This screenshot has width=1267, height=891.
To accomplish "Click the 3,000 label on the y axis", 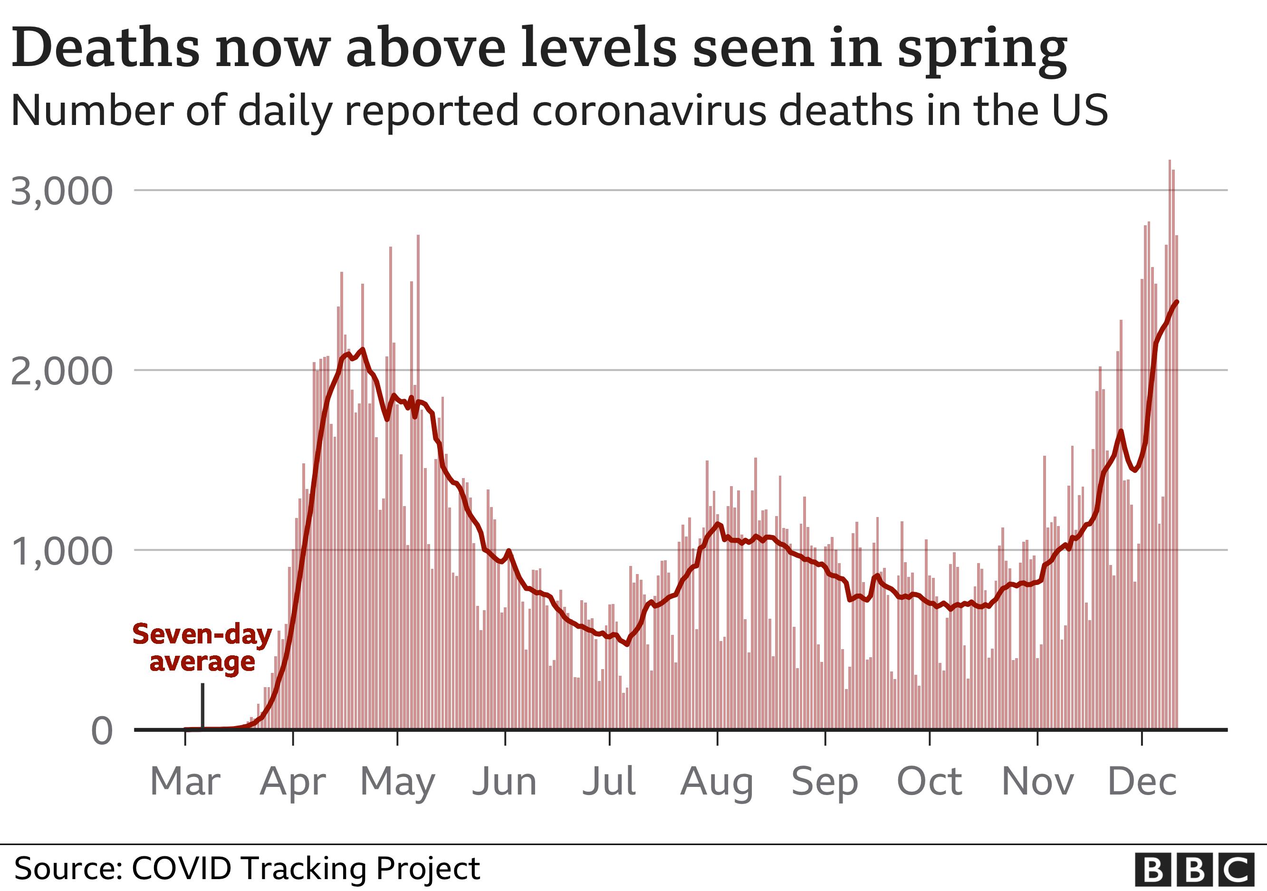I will (62, 192).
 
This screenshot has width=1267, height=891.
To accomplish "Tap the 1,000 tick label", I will (62, 552).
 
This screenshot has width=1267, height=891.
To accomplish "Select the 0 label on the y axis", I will (102, 731).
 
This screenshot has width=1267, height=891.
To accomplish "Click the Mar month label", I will (185, 782).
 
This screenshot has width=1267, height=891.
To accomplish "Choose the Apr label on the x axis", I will (293, 783).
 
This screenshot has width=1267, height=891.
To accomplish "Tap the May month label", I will (397, 783).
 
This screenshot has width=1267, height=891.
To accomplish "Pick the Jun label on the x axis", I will (504, 782).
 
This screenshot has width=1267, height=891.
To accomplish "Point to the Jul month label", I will (609, 782).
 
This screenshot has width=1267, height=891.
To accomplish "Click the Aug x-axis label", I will (717, 783).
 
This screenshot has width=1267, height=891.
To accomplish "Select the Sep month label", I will (825, 783).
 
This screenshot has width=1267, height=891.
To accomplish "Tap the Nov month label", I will (1037, 782).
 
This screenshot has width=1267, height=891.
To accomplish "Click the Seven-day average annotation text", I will (202, 648).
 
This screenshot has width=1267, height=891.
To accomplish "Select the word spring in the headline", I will (982, 49).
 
